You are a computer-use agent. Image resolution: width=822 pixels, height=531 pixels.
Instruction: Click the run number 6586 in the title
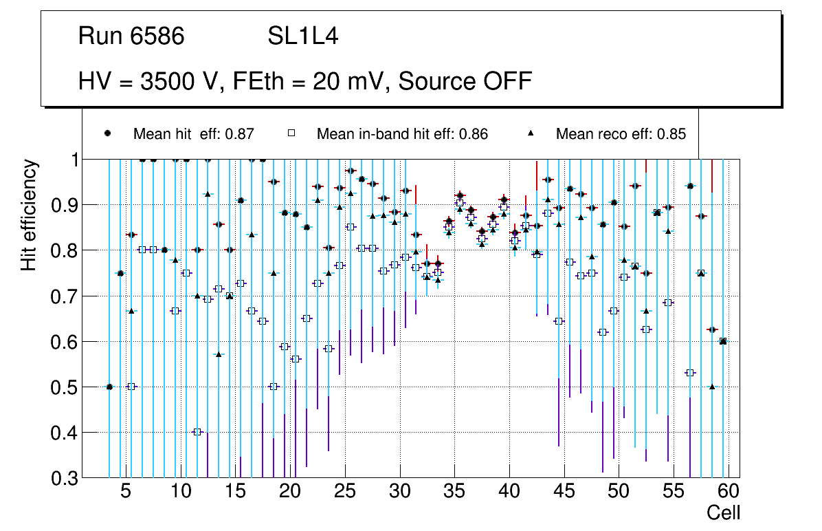pyautogui.click(x=157, y=36)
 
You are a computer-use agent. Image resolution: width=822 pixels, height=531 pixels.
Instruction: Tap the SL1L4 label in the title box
pyautogui.click(x=302, y=36)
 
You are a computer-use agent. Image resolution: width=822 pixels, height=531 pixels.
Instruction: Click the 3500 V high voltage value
pyautogui.click(x=181, y=81)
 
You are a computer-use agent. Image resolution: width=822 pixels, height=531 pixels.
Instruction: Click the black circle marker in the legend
pyautogui.click(x=108, y=133)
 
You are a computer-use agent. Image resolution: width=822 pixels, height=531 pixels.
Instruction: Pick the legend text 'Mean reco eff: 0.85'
pyautogui.click(x=621, y=134)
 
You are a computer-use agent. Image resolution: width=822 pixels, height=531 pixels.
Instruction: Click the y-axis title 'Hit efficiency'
pyautogui.click(x=29, y=215)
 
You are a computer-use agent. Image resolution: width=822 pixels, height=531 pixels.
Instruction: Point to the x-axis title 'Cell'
pyautogui.click(x=723, y=512)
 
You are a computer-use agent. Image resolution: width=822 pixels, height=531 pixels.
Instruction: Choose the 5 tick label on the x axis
pyautogui.click(x=125, y=492)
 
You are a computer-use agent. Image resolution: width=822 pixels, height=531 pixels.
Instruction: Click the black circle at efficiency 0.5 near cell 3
pyautogui.click(x=109, y=387)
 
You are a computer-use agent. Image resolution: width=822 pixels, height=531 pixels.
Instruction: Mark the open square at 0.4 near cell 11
pyautogui.click(x=197, y=432)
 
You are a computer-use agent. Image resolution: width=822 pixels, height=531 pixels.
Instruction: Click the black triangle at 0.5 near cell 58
pyautogui.click(x=712, y=387)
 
